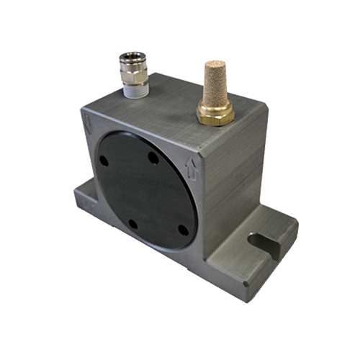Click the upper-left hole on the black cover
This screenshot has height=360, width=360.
(x=104, y=160)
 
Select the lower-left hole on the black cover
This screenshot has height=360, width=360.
(x=132, y=224)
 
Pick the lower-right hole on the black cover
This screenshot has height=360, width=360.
(x=183, y=230)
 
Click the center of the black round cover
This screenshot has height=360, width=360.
(x=143, y=192)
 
